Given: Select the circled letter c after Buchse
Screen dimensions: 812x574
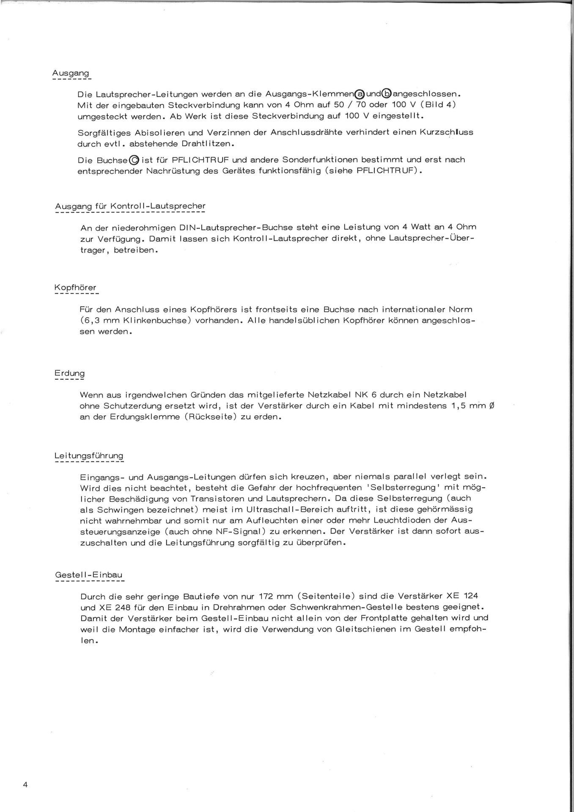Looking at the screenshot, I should (134, 160).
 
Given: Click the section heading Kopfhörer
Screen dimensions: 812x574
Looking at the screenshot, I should (75, 288).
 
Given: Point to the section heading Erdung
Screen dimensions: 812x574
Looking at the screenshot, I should (69, 373).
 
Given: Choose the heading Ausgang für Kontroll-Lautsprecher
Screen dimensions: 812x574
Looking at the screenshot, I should (130, 206).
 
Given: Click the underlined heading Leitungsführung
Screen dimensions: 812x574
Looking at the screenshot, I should (89, 456).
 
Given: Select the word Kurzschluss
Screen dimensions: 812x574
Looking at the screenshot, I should (446, 132).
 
